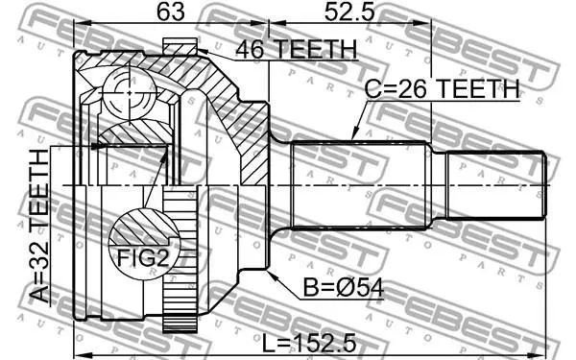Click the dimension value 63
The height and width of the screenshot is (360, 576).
tap(171, 12)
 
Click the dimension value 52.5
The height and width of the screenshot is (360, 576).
tap(349, 12)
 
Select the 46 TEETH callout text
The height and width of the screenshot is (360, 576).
tap(296, 49)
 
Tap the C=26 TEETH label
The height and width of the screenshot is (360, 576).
tap(443, 88)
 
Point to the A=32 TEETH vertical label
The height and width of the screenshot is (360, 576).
tap(39, 226)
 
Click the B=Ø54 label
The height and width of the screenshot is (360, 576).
tap(344, 288)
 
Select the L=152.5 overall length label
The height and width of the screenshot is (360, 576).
tap(309, 344)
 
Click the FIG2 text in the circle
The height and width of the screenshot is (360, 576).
tap(143, 258)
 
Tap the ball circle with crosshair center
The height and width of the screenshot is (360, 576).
tap(129, 93)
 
